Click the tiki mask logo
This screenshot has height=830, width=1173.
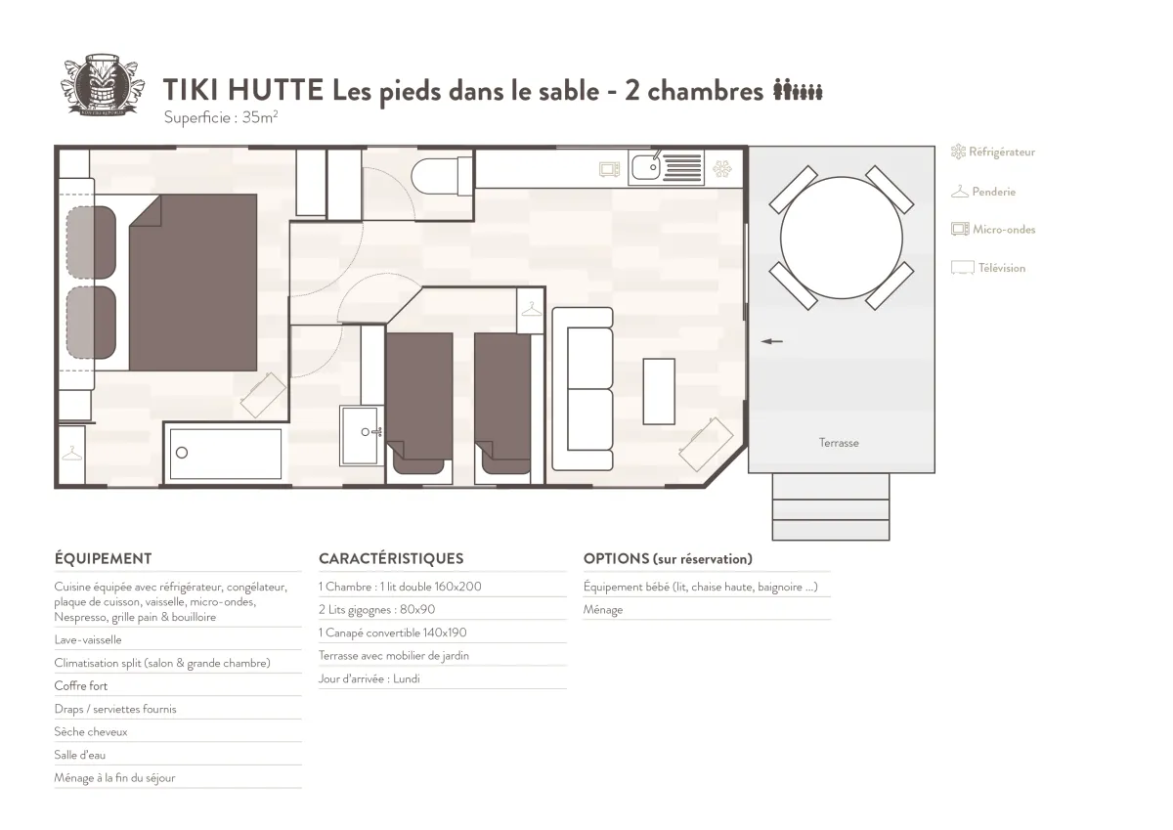(x=102, y=84)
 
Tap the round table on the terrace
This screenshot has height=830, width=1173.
(x=841, y=238)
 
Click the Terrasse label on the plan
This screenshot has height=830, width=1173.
(x=839, y=443)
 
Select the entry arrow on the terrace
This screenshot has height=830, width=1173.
(x=771, y=341)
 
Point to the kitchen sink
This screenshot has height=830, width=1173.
(x=646, y=167)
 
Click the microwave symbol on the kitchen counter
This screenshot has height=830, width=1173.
(x=610, y=169)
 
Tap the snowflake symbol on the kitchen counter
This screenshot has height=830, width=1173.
(x=722, y=168)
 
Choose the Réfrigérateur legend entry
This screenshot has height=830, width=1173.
(x=993, y=152)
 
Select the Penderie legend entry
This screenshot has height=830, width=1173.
(x=983, y=192)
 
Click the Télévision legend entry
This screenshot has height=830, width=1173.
(x=988, y=268)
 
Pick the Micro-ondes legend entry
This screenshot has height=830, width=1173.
(x=993, y=230)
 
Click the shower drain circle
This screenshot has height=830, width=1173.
(x=182, y=453)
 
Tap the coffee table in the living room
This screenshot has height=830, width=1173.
(x=659, y=391)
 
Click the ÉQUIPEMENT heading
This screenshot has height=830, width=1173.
(x=104, y=559)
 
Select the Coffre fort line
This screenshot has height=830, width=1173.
(x=80, y=686)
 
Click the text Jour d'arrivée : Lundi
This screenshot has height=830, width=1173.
(x=369, y=679)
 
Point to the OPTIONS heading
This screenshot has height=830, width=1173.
(x=617, y=559)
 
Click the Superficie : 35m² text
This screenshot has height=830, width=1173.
(x=221, y=117)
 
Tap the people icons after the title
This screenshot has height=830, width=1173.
(x=798, y=90)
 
